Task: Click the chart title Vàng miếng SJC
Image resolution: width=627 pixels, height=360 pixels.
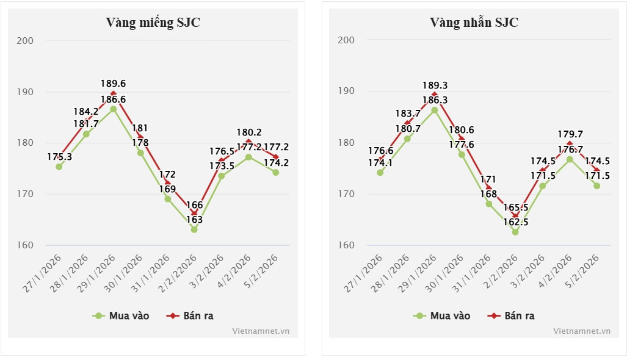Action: point(153,23)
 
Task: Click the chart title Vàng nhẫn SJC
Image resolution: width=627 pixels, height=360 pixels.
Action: point(474,23)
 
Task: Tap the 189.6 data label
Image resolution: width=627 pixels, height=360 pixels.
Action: point(114,84)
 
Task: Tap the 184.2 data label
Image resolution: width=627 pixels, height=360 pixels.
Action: point(86,112)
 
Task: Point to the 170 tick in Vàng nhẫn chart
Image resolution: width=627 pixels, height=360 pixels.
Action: point(346,194)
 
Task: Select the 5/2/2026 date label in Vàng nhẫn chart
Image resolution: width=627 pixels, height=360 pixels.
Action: point(583,272)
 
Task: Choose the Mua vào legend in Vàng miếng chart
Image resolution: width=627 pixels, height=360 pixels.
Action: point(121,315)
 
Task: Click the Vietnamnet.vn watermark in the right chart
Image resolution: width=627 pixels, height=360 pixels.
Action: point(581,331)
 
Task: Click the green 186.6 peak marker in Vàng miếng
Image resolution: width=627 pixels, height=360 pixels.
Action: point(114,109)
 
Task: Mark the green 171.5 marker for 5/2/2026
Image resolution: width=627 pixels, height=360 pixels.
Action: point(597,185)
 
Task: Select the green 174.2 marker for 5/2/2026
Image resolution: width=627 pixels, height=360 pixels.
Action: point(275,172)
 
